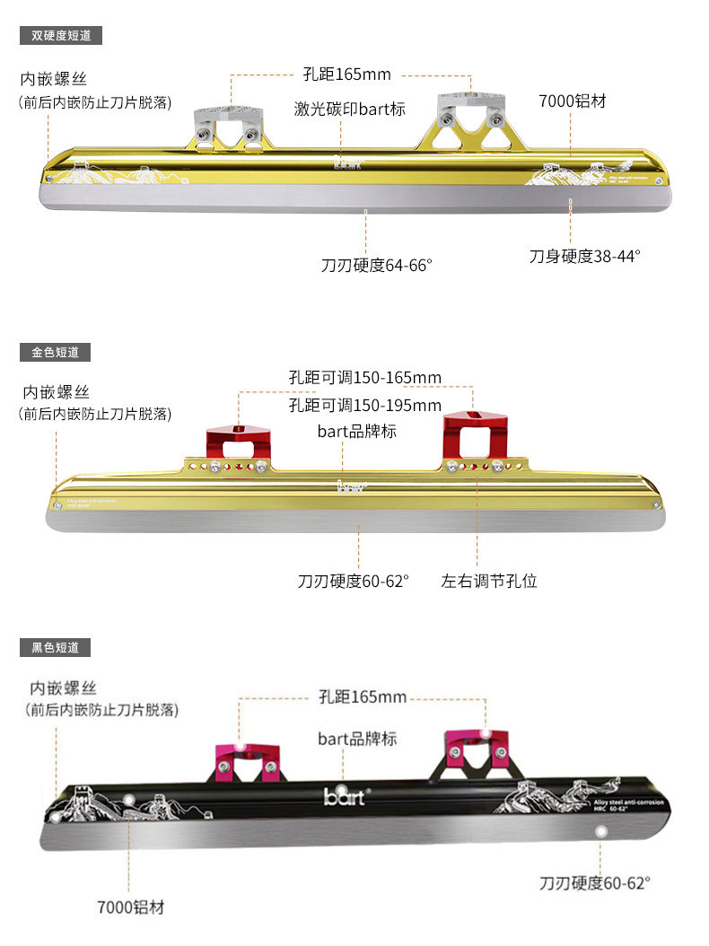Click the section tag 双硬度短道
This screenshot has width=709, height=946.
[x=61, y=36]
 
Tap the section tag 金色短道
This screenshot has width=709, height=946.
[x=55, y=352]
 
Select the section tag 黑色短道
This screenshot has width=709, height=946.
[x=55, y=646]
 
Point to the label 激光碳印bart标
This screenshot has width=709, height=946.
[x=350, y=109]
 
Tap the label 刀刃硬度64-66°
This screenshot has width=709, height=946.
[x=377, y=265]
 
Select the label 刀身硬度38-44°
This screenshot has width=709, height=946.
[x=584, y=256]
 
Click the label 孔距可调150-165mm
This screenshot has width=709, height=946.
[x=365, y=377]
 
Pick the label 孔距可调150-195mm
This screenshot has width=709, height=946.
[x=365, y=405]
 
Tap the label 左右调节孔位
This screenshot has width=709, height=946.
[x=489, y=581]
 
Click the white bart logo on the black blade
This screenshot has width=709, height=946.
[x=345, y=795]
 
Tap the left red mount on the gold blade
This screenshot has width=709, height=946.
[x=238, y=443]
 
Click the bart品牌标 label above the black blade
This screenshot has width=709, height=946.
[x=357, y=739]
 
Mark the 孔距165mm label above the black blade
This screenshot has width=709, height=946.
[x=363, y=696]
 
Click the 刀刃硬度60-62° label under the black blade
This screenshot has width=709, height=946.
[x=594, y=882]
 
